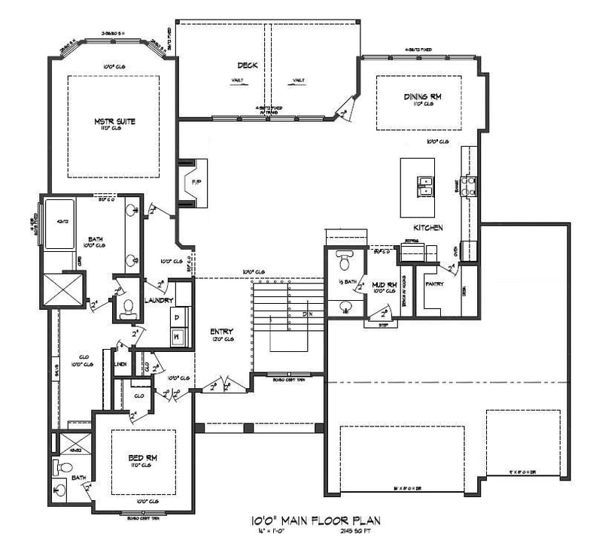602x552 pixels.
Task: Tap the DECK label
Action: tap(248, 65)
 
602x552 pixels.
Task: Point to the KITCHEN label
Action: tap(427, 227)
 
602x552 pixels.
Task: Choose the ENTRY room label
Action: tap(220, 331)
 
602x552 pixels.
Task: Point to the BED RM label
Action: tap(141, 457)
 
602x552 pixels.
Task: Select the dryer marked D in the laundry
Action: tap(178, 319)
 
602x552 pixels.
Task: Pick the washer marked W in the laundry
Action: tap(178, 336)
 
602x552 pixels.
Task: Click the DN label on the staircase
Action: tap(306, 314)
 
